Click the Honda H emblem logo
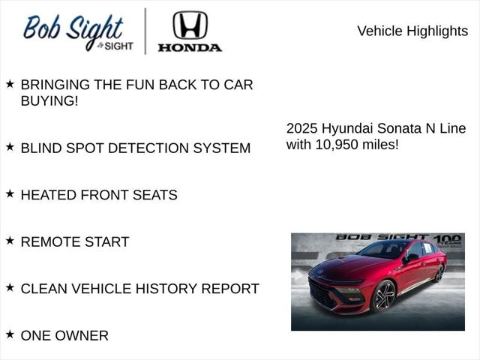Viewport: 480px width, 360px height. coord(190,25)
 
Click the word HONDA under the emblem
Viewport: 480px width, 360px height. coord(190,47)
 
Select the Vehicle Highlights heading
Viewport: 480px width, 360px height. coord(412,31)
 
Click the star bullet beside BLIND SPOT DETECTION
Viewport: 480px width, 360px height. coord(10,147)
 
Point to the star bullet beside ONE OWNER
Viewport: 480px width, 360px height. coord(10,334)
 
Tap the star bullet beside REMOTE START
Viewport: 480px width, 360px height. coord(10,241)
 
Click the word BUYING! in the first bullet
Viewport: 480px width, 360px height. coord(49,100)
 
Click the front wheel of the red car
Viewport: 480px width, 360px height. coord(384,295)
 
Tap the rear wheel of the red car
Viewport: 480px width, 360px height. coord(439,273)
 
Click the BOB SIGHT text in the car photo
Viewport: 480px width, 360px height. coord(381,237)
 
